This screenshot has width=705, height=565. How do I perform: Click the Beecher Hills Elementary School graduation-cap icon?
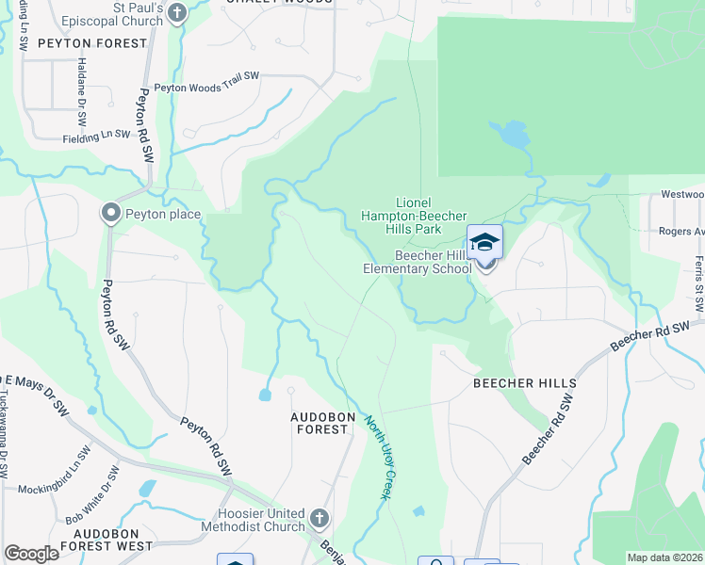pos(484,243)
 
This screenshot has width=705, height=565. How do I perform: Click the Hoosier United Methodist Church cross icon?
pos(320,518)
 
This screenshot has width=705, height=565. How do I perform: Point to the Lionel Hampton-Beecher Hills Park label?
pos(418,215)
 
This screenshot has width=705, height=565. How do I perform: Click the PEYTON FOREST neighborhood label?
pos(92,43)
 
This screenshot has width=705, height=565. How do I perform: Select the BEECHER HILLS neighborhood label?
pos(525,383)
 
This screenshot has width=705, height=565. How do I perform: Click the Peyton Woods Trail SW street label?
pos(206,87)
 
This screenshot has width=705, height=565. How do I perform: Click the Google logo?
pos(31,553)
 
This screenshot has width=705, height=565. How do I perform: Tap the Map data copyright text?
pos(664,557)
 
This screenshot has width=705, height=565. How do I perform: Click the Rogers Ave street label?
pos(681,232)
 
